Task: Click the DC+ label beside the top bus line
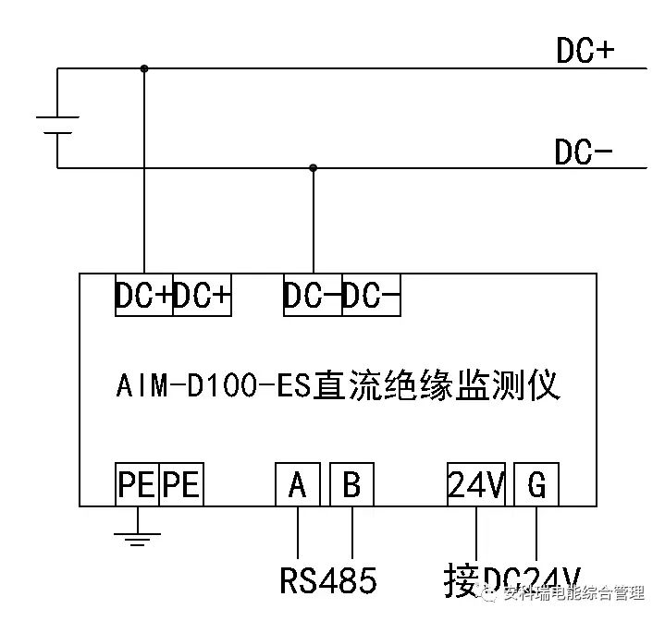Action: (x=585, y=51)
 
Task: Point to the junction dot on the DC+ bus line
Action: (x=144, y=68)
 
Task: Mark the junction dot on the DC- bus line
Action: (x=314, y=168)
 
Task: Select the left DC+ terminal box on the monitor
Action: (x=143, y=296)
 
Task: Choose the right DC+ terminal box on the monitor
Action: (x=203, y=296)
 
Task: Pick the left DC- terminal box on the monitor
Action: (x=313, y=296)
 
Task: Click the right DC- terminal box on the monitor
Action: (x=371, y=296)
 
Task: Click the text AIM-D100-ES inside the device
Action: (x=216, y=384)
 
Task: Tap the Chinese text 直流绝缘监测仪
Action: (x=437, y=384)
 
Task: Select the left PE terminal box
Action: (x=137, y=484)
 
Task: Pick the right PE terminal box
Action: (x=181, y=484)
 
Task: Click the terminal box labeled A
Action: (x=297, y=484)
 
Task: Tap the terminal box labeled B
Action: (x=352, y=484)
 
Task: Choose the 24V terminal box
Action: (x=476, y=484)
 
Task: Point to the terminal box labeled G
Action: (x=536, y=484)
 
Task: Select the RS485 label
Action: (x=328, y=580)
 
